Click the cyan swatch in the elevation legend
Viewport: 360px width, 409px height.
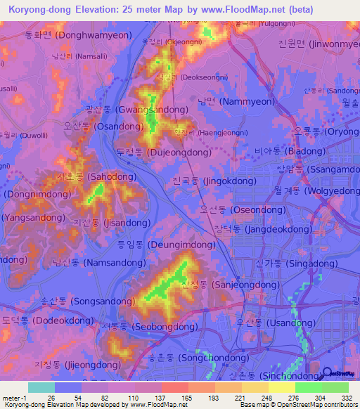[41, 387]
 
